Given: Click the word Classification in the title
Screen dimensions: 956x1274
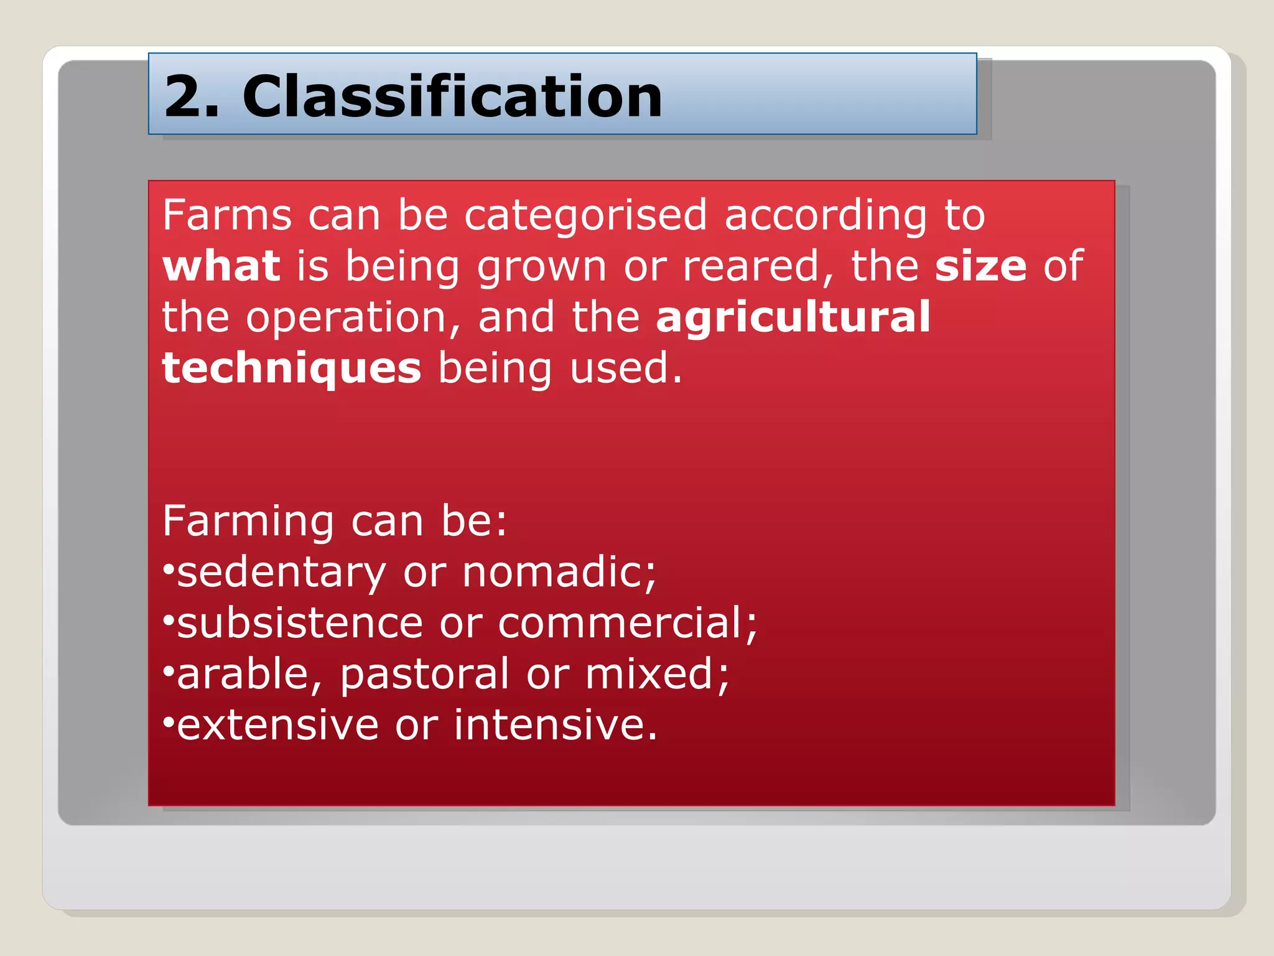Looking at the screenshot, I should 452,96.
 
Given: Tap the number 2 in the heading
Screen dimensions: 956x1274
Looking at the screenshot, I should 184,96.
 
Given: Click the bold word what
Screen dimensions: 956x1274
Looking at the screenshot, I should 221,266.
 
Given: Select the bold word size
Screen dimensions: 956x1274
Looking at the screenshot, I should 980,266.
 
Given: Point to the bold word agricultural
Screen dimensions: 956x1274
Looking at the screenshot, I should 793,317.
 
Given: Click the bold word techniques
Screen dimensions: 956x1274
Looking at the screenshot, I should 291,368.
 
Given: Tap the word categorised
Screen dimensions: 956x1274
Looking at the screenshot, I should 585,215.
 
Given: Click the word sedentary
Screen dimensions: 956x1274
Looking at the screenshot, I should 281,573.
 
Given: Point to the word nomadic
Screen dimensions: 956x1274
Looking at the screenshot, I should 558,573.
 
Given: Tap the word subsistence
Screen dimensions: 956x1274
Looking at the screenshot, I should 300,624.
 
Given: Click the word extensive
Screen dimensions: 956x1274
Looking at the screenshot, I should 277,726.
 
